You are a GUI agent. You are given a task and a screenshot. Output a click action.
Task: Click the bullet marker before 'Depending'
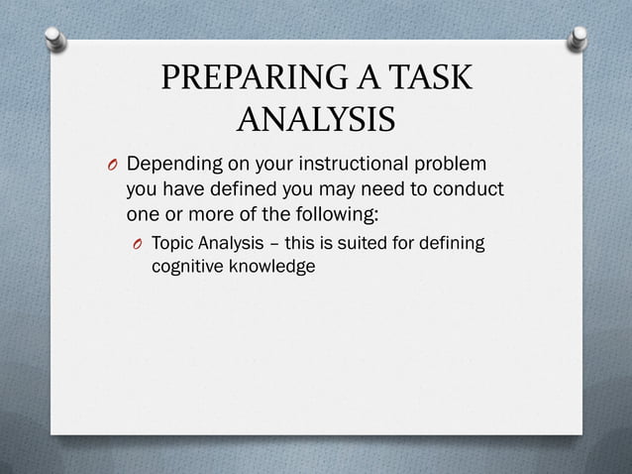113,164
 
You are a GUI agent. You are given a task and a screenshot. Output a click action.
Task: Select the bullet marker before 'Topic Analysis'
138,244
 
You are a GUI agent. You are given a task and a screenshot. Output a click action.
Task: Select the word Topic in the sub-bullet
172,243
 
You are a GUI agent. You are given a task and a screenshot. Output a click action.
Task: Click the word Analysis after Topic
232,243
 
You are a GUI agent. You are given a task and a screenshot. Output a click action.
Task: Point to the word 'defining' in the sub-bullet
456,243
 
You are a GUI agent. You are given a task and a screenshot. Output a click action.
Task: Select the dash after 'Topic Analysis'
281,244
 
